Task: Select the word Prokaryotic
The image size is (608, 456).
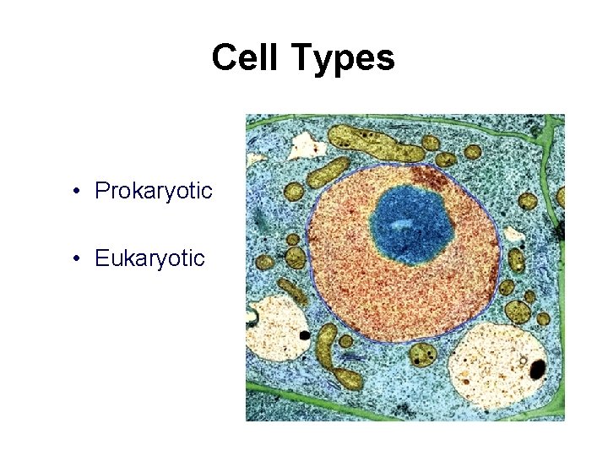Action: coord(153,191)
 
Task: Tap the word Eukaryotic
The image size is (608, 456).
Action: coord(149,258)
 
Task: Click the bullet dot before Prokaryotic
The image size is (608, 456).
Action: coord(77,192)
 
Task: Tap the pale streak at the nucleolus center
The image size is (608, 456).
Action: coord(403,225)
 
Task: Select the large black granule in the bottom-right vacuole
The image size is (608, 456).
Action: coord(536,368)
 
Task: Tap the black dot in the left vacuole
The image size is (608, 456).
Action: coord(304,335)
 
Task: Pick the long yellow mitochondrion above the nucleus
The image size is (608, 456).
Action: coord(375,142)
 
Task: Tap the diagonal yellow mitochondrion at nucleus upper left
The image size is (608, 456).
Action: coord(328,171)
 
